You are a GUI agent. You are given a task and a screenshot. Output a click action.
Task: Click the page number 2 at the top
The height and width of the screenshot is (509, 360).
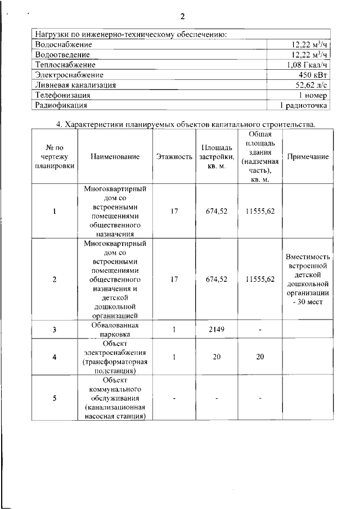click(x=182, y=16)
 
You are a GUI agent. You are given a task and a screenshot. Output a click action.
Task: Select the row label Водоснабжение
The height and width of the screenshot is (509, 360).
click(x=63, y=44)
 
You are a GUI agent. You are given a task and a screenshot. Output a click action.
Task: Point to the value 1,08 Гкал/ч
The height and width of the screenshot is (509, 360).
click(x=308, y=65)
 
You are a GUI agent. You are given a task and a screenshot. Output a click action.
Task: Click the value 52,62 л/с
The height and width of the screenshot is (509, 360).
click(x=311, y=85)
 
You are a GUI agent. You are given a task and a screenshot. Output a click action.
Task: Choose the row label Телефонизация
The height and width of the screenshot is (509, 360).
click(x=63, y=95)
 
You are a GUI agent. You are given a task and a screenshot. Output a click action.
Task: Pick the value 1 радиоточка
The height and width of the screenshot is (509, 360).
click(x=304, y=105)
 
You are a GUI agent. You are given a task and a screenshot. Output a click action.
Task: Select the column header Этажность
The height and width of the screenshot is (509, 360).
click(x=174, y=157)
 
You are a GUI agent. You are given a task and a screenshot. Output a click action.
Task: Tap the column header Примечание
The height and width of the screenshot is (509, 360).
click(x=308, y=157)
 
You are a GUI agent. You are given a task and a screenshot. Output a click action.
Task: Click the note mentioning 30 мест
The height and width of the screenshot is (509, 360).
click(x=308, y=279)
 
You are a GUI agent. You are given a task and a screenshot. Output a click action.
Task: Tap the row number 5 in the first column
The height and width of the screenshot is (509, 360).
click(x=55, y=398)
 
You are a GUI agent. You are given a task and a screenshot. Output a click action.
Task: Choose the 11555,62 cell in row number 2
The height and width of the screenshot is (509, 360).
click(x=260, y=279)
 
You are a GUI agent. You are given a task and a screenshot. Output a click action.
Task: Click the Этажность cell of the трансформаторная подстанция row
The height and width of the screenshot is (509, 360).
click(x=174, y=357)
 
